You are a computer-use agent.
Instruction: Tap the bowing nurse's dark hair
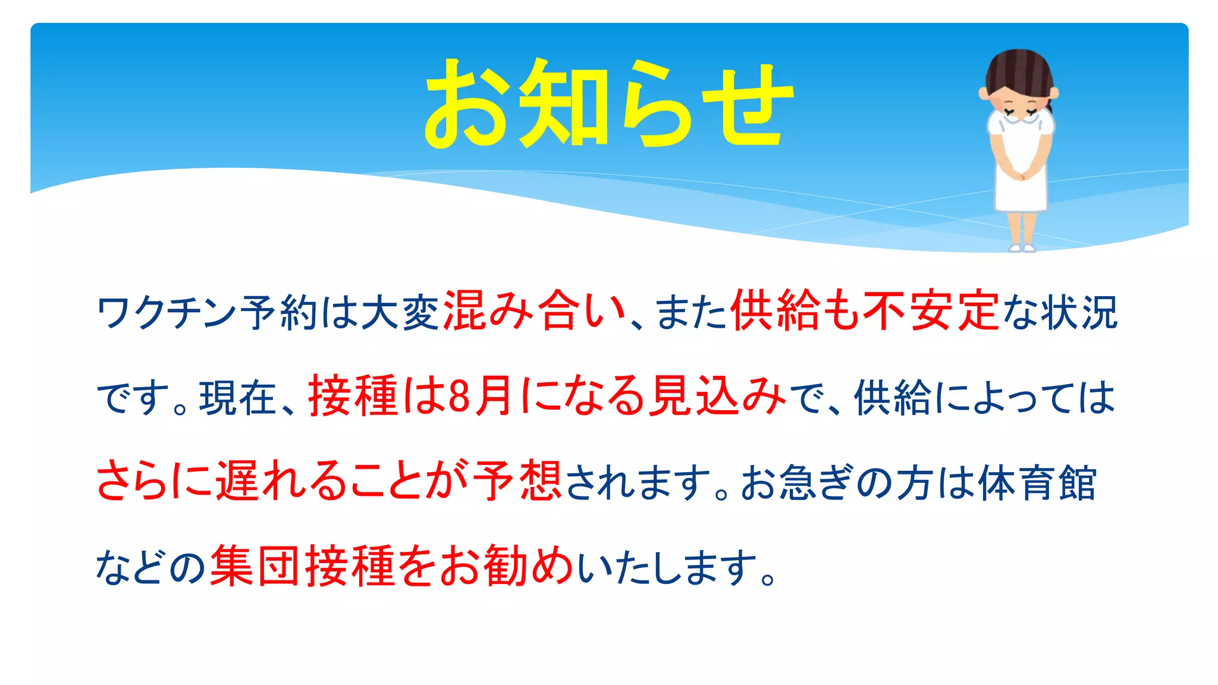click(1018, 71)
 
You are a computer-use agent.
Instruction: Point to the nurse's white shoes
click(1021, 246)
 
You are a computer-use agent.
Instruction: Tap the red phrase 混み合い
click(535, 310)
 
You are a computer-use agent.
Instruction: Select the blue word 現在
click(238, 397)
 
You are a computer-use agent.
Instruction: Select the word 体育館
click(1036, 482)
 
